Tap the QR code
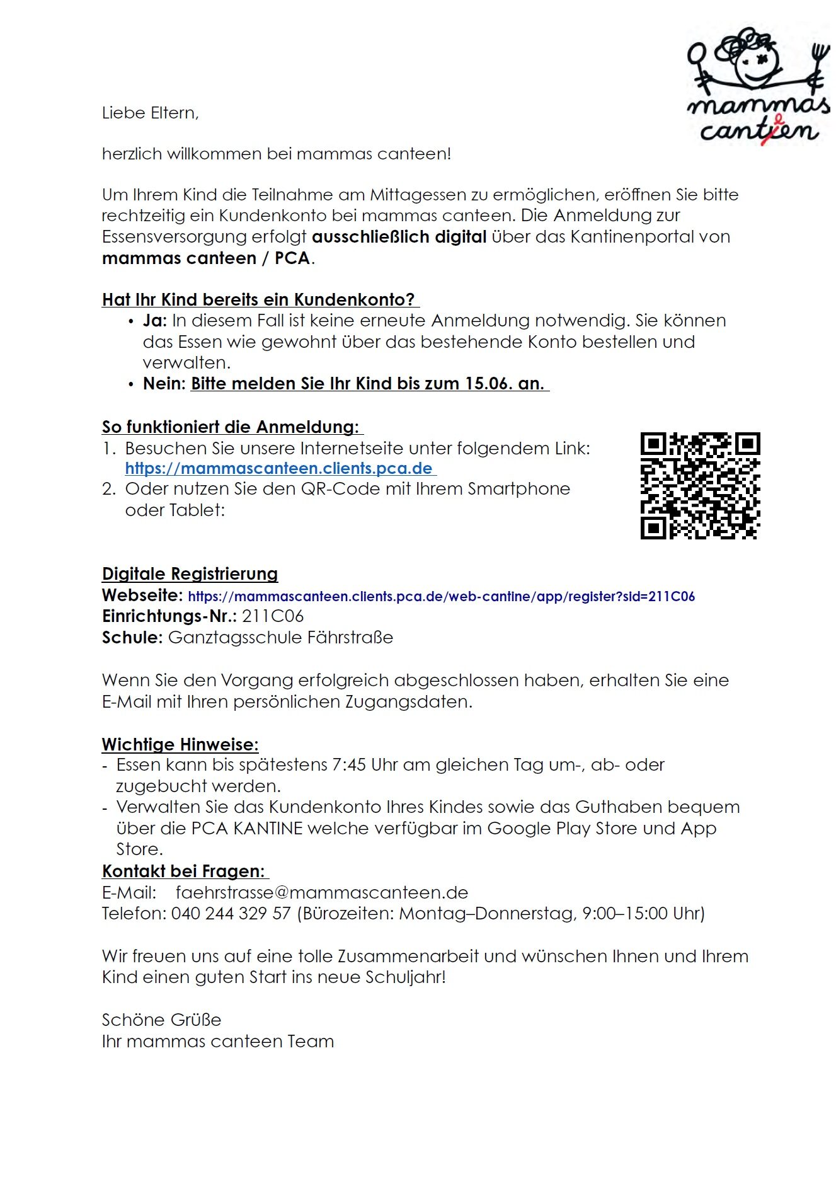click(x=700, y=486)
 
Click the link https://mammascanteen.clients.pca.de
click(x=279, y=469)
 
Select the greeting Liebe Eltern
click(x=150, y=113)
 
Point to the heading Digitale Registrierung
click(x=190, y=574)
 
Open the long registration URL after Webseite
click(x=441, y=596)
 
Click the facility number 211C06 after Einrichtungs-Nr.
click(x=273, y=616)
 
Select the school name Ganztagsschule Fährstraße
click(x=280, y=638)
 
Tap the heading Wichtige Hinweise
click(x=180, y=745)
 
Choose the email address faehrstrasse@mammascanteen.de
click(x=322, y=893)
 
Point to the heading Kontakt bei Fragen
click(x=183, y=872)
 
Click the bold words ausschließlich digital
click(x=399, y=237)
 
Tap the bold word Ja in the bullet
click(x=154, y=321)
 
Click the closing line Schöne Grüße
click(x=162, y=1020)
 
